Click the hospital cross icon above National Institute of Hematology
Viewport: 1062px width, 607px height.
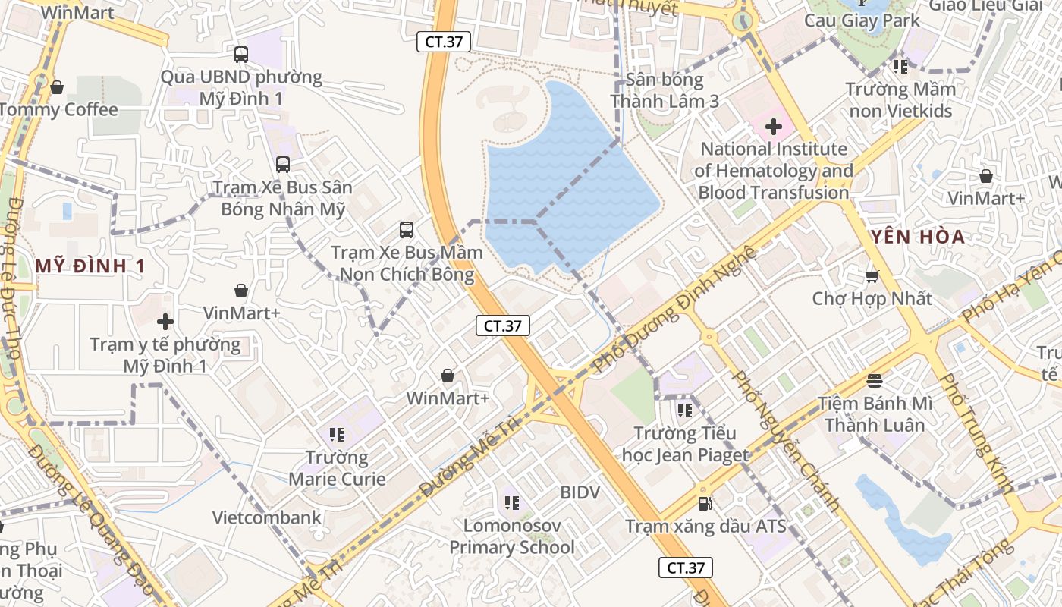point(774,127)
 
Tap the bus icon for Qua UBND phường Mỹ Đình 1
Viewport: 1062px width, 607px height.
point(241,55)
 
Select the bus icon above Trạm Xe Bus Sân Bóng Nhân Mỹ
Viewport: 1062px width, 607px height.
point(283,164)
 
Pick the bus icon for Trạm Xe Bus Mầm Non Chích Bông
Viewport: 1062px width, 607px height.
point(407,229)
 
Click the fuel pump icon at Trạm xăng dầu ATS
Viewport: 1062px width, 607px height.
point(705,503)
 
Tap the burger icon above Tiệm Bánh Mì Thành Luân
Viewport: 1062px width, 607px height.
point(875,380)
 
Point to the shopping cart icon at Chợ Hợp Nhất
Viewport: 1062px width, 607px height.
point(872,275)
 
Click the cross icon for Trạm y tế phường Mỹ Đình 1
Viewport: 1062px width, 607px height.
point(165,322)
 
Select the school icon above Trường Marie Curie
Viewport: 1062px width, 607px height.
point(338,435)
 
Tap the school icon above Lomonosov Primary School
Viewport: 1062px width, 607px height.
point(511,502)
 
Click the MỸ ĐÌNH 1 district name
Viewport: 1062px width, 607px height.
point(90,266)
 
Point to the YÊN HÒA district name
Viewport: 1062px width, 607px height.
point(918,237)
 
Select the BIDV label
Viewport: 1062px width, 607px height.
point(580,492)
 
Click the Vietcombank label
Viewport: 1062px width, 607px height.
point(266,518)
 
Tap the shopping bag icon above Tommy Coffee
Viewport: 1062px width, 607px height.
point(57,87)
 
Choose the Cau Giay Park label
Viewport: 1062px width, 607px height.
point(862,20)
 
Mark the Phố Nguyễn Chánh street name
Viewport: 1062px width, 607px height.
point(785,440)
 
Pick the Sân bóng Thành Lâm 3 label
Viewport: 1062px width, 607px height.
point(665,90)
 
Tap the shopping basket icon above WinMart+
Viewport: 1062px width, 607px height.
point(448,376)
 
